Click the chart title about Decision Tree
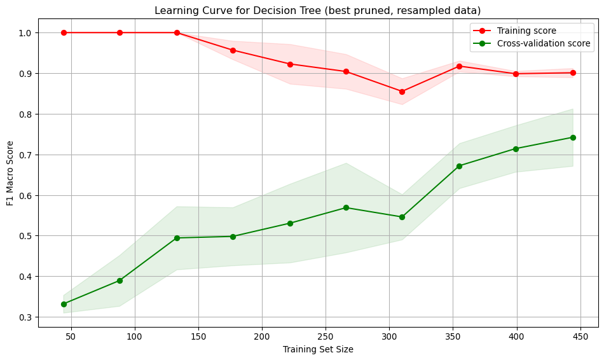pos(318,10)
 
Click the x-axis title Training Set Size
pos(318,349)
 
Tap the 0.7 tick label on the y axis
pos(25,155)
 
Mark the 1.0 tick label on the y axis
pos(25,32)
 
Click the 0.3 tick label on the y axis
pos(25,317)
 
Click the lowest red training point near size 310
pos(402,92)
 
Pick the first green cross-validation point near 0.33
pos(64,304)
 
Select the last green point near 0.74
pos(573,137)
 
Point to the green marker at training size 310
pos(402,217)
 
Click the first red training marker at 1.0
pos(64,32)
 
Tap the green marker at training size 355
pos(459,166)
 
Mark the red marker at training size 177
pos(233,50)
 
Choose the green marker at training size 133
pos(177,238)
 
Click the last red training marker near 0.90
pos(573,73)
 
